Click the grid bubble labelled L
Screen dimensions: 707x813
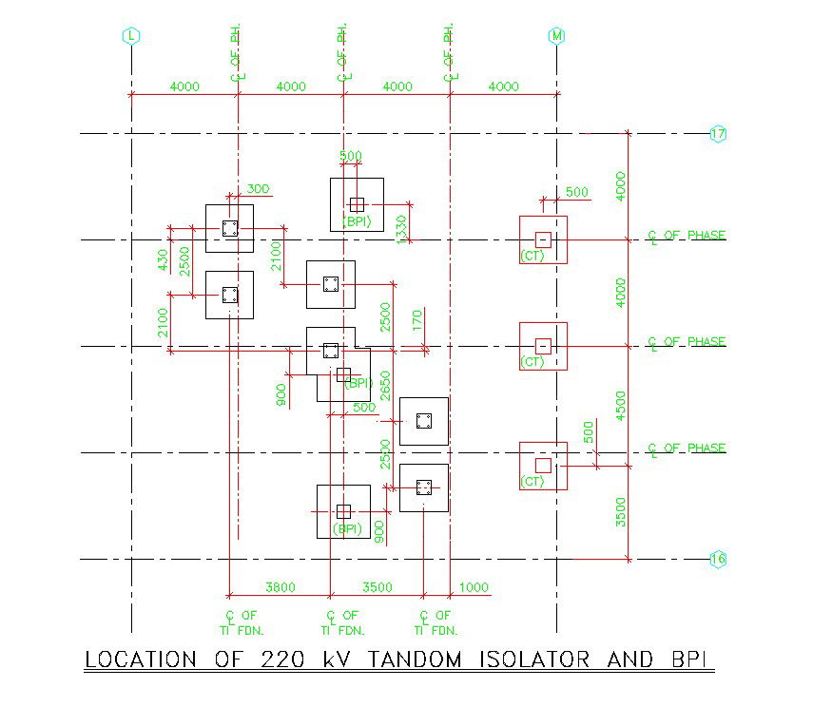point(130,36)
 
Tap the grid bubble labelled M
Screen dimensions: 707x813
point(556,36)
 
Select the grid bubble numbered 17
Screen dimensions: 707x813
point(718,134)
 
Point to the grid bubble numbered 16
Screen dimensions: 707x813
point(718,560)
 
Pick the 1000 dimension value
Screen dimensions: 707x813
point(474,587)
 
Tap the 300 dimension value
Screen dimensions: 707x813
point(258,188)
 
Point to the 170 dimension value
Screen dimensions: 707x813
point(416,320)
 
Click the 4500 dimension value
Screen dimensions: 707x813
point(621,405)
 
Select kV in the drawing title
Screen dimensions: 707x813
point(339,659)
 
